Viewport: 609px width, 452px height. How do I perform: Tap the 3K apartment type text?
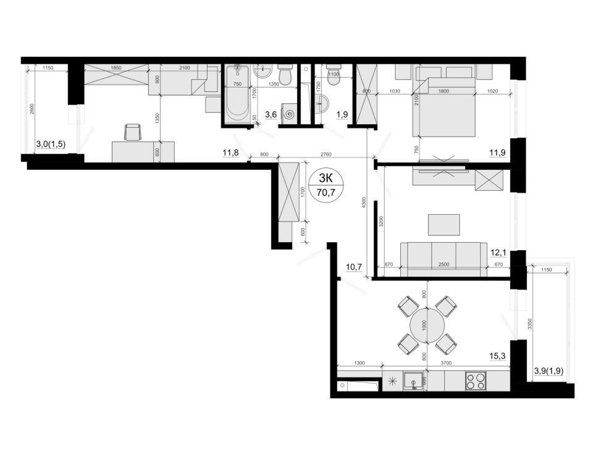(x=325, y=178)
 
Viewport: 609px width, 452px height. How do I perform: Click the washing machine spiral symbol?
(x=288, y=115)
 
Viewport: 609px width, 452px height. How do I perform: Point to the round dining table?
(x=427, y=325)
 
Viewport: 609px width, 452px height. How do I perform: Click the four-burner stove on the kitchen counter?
(x=476, y=380)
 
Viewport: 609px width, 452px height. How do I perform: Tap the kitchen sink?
(x=414, y=380)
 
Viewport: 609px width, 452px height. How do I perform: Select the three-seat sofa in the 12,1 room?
(x=443, y=259)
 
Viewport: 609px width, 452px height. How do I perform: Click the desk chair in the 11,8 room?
(x=132, y=132)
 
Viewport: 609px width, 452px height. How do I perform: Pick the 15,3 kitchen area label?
(x=498, y=356)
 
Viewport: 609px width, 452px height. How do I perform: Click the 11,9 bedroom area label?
(x=498, y=153)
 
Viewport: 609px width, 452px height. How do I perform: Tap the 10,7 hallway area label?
(x=354, y=267)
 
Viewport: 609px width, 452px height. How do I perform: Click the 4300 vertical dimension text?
(x=364, y=202)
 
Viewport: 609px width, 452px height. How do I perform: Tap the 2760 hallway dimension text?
(x=326, y=154)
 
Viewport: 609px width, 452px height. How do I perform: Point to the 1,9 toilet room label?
(x=342, y=114)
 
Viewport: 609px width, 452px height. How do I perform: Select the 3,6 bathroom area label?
(x=271, y=114)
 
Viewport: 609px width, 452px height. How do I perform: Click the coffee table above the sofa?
(x=444, y=225)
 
